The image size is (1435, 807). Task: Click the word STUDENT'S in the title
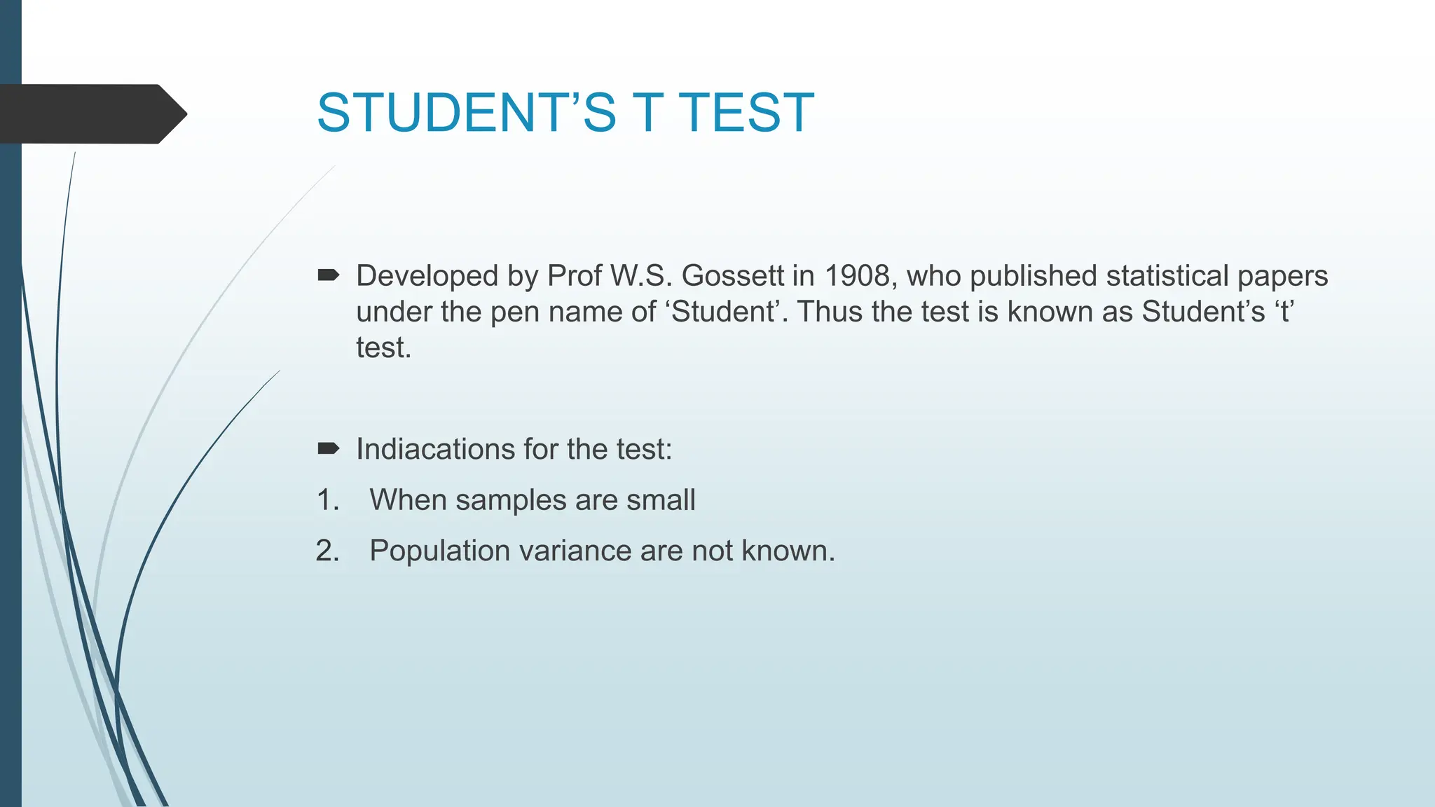[466, 113]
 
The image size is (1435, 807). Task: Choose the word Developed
[427, 276]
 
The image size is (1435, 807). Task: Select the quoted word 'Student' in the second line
[722, 312]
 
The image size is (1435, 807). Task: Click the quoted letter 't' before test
[1284, 312]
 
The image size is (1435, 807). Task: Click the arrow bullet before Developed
[328, 275]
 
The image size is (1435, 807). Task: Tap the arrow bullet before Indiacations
[328, 448]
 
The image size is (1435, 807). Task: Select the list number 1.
[327, 500]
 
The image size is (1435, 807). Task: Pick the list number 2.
[327, 551]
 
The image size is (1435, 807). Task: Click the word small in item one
[661, 500]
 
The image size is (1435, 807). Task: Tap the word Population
[439, 551]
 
